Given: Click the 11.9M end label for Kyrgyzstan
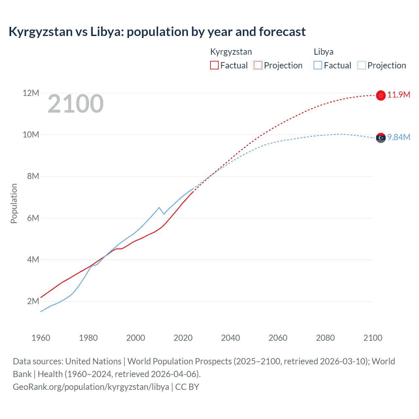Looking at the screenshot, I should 398,95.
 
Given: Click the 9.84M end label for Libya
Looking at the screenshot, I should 398,137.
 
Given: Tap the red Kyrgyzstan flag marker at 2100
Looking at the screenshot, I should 381,95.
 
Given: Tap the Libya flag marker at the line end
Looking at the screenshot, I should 381,138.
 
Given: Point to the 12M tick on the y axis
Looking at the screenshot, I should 31,93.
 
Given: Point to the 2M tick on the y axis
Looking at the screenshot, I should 33,301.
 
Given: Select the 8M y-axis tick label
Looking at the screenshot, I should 33,176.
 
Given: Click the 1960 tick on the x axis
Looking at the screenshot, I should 41,338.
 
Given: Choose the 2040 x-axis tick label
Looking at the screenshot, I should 230,338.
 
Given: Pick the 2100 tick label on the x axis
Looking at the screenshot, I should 373,338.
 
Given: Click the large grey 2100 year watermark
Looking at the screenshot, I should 76,104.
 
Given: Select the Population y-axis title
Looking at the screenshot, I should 14,203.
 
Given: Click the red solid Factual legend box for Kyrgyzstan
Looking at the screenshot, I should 214,65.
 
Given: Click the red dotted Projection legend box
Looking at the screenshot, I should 258,65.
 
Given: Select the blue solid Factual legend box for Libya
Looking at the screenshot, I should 318,65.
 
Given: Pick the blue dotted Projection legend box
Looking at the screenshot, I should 361,65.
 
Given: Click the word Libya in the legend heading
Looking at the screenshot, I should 323,52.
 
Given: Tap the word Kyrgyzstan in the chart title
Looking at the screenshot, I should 41,32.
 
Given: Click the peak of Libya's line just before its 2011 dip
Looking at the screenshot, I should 159,208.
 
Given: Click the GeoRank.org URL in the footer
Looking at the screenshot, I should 91,387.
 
